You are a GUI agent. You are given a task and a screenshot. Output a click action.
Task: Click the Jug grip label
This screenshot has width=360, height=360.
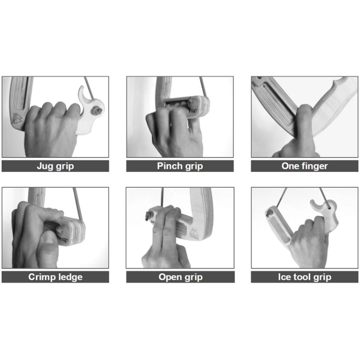point(55,166)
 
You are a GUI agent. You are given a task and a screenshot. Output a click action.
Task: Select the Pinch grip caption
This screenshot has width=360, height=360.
point(180,166)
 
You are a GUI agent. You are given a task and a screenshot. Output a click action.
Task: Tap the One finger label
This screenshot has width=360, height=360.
point(304,166)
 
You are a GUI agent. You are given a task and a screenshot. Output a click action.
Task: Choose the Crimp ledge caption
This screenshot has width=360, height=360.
point(55,277)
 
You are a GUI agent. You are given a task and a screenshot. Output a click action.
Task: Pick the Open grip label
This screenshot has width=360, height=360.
point(180,277)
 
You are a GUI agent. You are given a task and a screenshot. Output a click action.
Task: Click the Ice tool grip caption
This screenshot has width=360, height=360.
point(304,277)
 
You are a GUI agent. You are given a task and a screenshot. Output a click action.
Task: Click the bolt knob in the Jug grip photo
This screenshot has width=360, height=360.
point(97,111)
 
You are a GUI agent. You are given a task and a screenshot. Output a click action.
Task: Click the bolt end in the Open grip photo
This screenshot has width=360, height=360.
point(147,216)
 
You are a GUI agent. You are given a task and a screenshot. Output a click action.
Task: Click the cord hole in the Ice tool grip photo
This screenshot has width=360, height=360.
point(329,208)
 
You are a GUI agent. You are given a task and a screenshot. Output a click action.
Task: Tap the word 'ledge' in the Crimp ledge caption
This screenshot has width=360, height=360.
point(70,277)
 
